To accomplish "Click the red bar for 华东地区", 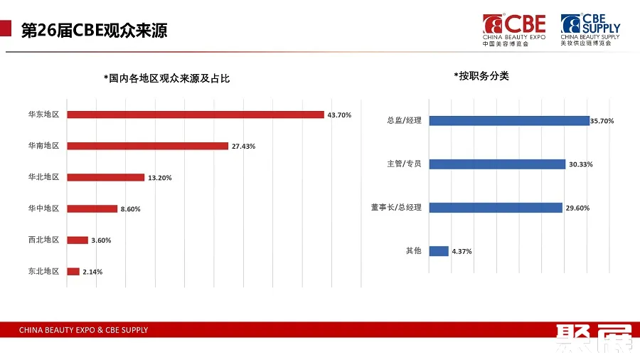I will click(x=196, y=115).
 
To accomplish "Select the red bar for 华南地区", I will click(x=148, y=146).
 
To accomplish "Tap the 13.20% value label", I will click(x=159, y=177).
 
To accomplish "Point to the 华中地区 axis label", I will click(x=43, y=208).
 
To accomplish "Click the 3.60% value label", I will click(x=101, y=240).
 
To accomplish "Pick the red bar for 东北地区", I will click(x=73, y=271).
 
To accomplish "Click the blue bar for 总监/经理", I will click(x=509, y=120).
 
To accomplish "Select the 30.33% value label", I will click(x=580, y=164).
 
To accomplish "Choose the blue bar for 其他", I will click(x=439, y=250).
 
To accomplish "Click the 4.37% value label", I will click(x=462, y=251).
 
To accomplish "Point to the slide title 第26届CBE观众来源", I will click(x=95, y=31).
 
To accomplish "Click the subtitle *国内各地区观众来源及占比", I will click(x=166, y=78).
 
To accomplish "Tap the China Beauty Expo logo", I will click(x=514, y=29).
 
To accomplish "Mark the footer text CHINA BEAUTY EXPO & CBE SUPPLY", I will click(x=83, y=330).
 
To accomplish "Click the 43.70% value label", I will click(x=339, y=115).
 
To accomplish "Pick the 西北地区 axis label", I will click(x=43, y=240).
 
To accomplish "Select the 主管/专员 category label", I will click(x=404, y=164).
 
